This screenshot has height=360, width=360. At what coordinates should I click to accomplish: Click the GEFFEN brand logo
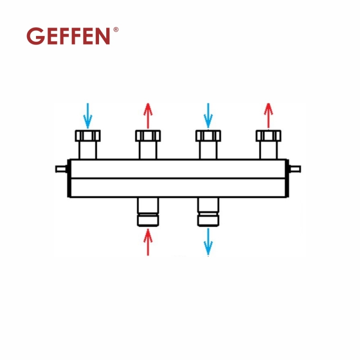pyautogui.click(x=68, y=36)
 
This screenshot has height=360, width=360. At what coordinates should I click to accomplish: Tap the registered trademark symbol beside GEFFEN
pyautogui.click(x=116, y=30)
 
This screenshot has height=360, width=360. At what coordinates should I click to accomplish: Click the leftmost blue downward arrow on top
pyautogui.click(x=88, y=115)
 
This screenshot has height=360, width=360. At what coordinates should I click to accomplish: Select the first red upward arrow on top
pyautogui.click(x=148, y=115)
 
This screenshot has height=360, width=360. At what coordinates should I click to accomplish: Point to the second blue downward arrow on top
pyautogui.click(x=207, y=115)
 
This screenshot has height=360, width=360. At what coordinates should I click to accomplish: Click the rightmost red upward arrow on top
pyautogui.click(x=268, y=115)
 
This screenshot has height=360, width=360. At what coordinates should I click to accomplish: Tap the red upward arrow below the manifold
pyautogui.click(x=148, y=242)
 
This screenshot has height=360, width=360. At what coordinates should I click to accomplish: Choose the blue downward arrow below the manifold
pyautogui.click(x=208, y=242)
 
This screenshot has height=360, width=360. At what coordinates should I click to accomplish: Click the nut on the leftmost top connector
pyautogui.click(x=88, y=135)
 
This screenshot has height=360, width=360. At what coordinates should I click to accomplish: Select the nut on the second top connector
pyautogui.click(x=148, y=135)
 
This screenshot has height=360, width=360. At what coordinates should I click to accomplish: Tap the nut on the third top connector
pyautogui.click(x=208, y=135)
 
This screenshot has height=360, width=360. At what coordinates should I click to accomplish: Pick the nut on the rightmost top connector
pyautogui.click(x=268, y=135)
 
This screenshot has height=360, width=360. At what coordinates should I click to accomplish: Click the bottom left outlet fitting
pyautogui.click(x=148, y=211)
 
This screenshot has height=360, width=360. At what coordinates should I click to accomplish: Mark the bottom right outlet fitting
pyautogui.click(x=208, y=211)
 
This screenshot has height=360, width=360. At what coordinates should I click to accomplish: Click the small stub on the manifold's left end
pyautogui.click(x=61, y=169)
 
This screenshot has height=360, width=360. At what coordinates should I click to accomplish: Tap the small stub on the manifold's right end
pyautogui.click(x=295, y=169)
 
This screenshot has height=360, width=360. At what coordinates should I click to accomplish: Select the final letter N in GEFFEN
pyautogui.click(x=103, y=36)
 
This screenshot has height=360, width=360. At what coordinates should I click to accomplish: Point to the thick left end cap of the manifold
pyautogui.click(x=69, y=178)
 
